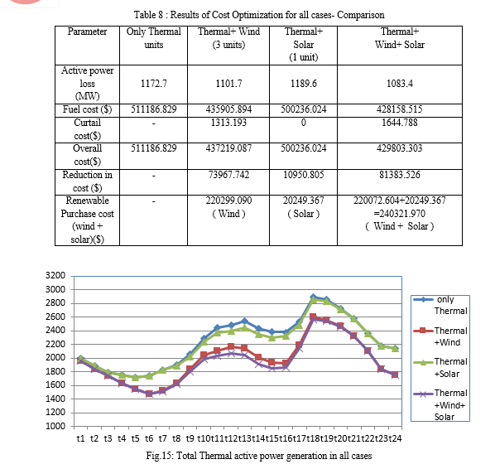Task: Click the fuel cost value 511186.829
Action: [x=154, y=109]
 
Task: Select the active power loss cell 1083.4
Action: [x=400, y=84]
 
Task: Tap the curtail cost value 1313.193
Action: [x=228, y=123]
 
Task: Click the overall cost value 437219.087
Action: [x=228, y=148]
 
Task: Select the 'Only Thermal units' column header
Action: [x=154, y=38]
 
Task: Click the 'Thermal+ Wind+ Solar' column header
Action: [x=400, y=38]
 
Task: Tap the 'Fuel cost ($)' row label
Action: [x=87, y=109]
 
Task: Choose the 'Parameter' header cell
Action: [x=87, y=31]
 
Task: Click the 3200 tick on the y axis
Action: [x=55, y=275]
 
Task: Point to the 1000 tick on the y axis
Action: [x=55, y=426]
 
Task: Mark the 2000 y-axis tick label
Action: [x=55, y=357]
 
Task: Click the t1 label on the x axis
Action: [x=80, y=438]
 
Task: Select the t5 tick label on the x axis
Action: [x=135, y=438]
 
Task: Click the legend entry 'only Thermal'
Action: [x=440, y=305]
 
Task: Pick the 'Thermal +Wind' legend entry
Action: [x=440, y=336]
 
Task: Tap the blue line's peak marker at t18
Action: [x=313, y=297]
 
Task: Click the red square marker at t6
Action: [x=149, y=394]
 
